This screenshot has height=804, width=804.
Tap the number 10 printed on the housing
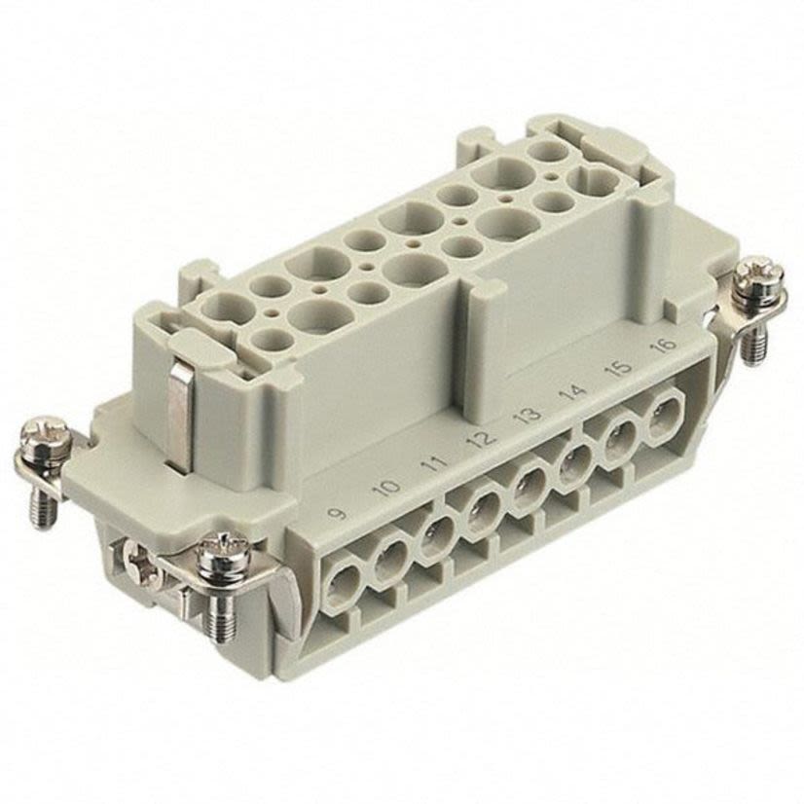386,488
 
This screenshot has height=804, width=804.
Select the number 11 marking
436,463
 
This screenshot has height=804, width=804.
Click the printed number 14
573,393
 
